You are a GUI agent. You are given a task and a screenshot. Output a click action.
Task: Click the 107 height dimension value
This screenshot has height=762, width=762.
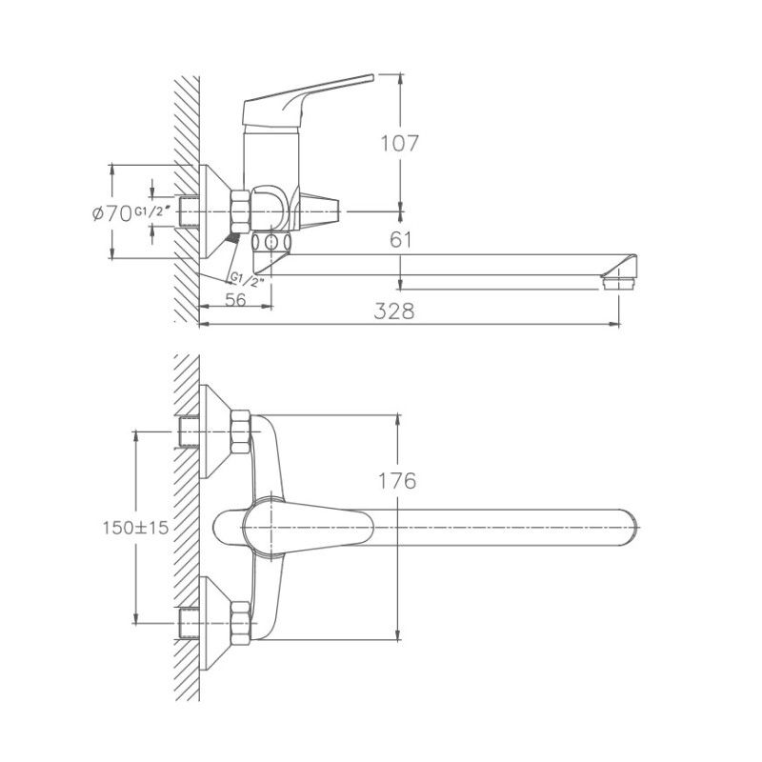[400, 143]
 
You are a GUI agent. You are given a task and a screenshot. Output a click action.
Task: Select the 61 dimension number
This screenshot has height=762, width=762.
[400, 240]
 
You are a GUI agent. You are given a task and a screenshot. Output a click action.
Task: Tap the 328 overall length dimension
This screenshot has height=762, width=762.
[394, 311]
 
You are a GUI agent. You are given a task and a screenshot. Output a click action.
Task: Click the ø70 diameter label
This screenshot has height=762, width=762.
[111, 213]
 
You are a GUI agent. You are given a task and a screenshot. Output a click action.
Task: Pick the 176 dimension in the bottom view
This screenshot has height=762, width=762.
[396, 481]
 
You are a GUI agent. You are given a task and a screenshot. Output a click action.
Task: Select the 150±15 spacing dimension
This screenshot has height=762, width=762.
[134, 527]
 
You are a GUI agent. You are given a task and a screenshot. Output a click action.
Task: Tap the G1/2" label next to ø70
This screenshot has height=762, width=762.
[152, 211]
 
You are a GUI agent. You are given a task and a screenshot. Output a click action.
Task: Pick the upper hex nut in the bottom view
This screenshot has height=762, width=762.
[240, 431]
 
